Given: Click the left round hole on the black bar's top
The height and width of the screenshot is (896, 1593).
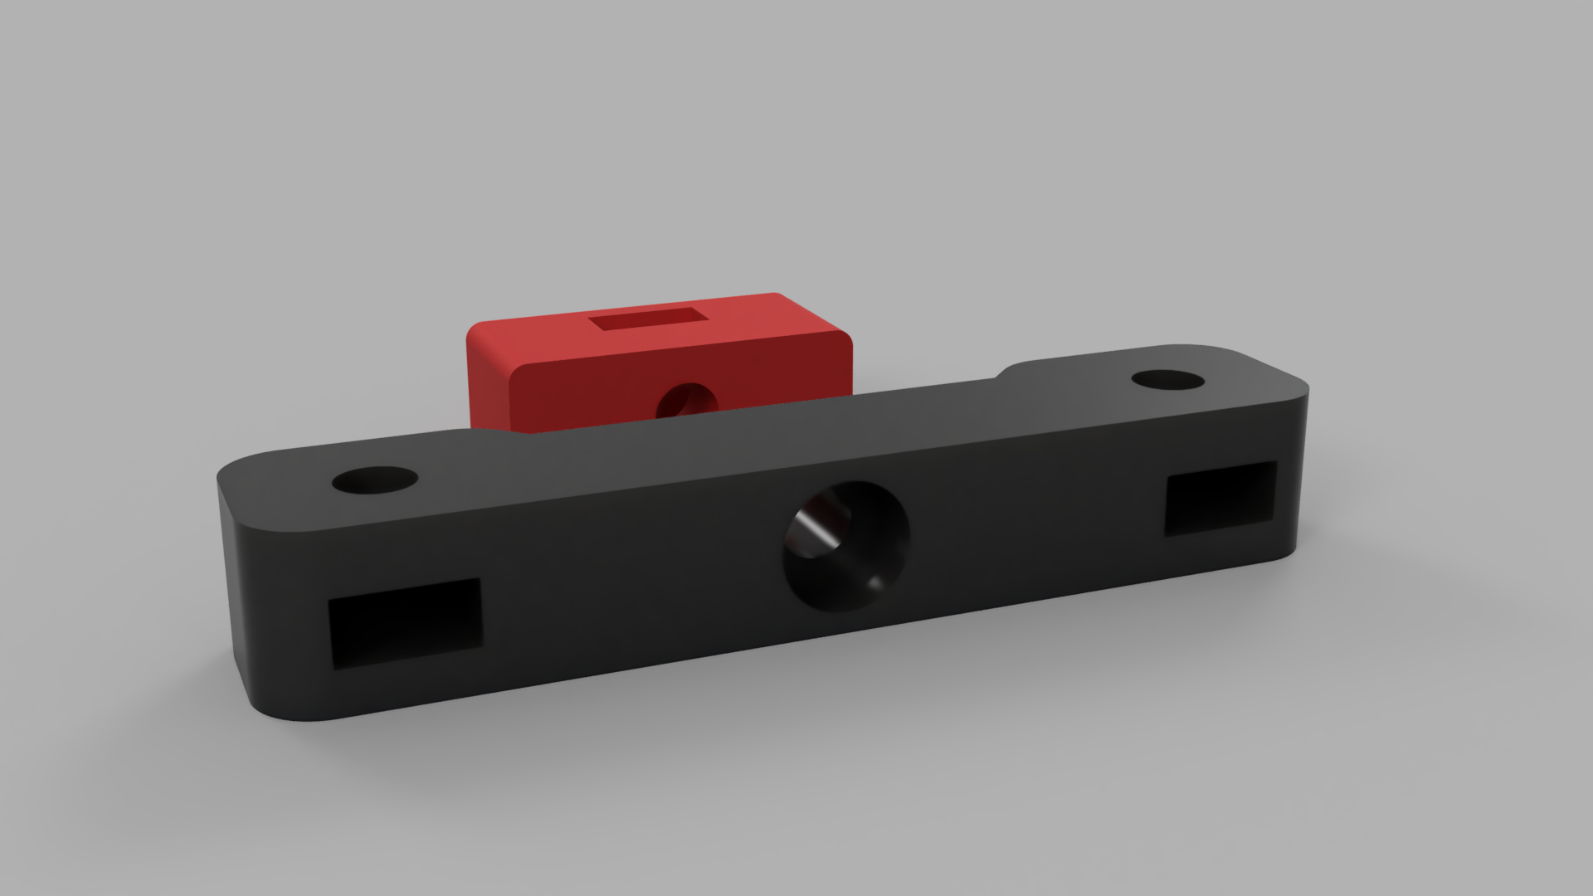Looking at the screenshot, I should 374,480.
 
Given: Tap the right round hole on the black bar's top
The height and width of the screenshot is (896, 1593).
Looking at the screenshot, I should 1167,381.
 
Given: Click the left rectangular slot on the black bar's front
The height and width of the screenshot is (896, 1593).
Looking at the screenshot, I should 405,624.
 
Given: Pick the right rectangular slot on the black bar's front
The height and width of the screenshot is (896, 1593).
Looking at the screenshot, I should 1221,498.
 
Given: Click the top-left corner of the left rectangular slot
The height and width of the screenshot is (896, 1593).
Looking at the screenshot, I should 330,600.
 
